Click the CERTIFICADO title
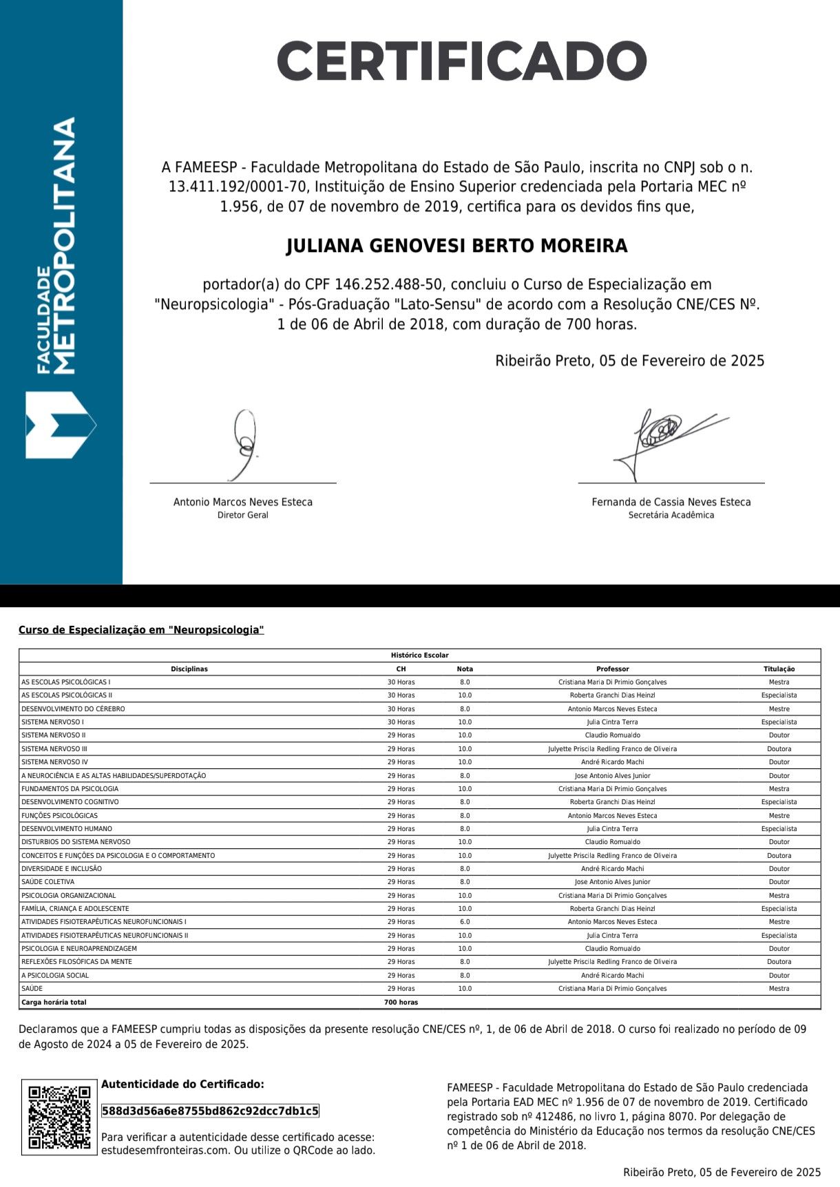tap(461, 61)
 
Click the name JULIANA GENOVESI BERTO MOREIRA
tap(456, 246)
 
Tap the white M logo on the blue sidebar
tap(60, 425)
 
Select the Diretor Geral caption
tap(243, 515)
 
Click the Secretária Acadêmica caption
tap(671, 515)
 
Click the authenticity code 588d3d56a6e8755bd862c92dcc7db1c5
tap(210, 1111)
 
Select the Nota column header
tap(465, 669)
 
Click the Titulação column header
tap(779, 669)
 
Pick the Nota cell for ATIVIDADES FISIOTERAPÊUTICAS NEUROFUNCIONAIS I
tap(465, 922)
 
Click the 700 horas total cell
tap(401, 1002)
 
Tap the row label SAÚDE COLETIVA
tap(48, 882)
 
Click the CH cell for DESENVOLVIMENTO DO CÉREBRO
tap(401, 708)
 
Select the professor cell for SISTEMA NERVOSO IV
tap(612, 762)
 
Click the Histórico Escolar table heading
tap(419, 655)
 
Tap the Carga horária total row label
tap(54, 1002)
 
